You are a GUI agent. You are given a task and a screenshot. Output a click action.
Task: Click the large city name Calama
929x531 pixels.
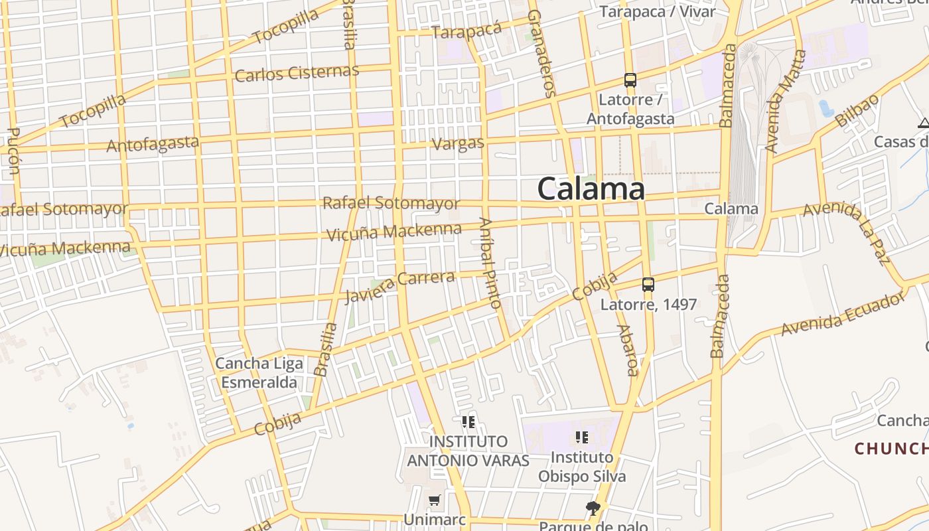point(591,189)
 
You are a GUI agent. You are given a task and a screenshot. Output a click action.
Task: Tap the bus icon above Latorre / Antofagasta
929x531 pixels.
point(630,80)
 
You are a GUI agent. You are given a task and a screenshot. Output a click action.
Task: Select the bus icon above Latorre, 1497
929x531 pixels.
point(648,285)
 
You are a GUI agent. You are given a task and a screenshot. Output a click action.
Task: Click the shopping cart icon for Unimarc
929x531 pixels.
point(435,500)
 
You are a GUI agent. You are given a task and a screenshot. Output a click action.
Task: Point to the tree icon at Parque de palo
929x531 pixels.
point(593,508)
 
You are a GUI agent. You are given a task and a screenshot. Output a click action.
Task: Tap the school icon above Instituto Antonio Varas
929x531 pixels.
point(468,421)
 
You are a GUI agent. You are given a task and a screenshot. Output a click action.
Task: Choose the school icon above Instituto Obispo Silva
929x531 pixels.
point(582,437)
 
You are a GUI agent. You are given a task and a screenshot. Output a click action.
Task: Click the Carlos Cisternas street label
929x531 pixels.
point(297,73)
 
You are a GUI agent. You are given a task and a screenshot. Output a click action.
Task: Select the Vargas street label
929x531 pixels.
point(458,143)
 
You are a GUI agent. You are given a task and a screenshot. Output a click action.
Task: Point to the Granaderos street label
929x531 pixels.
point(541,53)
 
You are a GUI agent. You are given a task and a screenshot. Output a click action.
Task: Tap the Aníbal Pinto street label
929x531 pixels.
point(489,263)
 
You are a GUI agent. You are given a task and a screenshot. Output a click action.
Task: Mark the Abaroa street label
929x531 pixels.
point(627,350)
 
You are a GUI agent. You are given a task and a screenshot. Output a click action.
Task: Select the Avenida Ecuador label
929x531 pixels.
point(842,313)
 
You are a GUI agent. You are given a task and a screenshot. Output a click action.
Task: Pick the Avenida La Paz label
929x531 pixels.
point(847,232)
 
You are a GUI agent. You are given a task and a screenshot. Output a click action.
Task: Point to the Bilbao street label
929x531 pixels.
point(857,111)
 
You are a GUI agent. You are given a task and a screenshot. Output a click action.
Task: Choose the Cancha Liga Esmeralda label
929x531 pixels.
point(259,373)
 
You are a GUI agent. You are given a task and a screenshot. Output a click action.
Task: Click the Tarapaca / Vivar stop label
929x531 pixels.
point(658,11)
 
